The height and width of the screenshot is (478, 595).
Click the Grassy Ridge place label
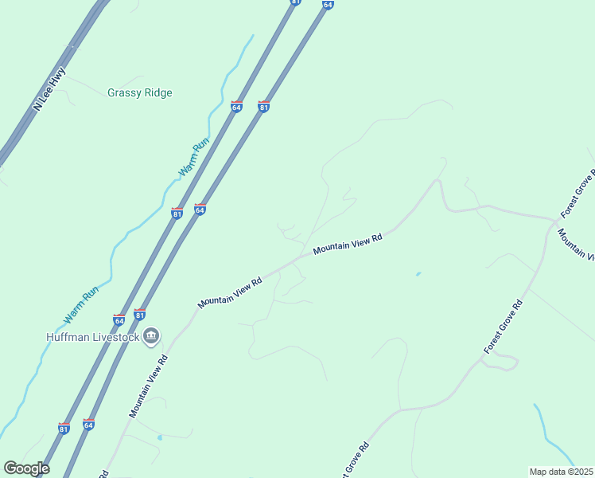point(140,92)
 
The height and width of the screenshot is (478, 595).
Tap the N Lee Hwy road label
point(49,94)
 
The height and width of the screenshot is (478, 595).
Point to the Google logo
point(26,468)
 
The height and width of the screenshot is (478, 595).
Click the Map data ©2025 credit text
point(561,472)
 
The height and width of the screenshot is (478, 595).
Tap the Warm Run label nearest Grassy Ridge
point(193,158)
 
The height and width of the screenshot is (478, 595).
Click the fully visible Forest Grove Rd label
point(504,327)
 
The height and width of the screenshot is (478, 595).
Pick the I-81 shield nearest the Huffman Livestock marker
point(140,314)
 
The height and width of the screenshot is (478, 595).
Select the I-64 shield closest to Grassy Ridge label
point(236,106)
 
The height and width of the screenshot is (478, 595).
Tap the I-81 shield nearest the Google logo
point(64,428)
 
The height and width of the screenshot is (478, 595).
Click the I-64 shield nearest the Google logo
point(89,425)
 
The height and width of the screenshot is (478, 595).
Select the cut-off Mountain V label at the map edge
point(576,245)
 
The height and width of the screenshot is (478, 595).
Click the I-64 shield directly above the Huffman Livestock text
point(119,320)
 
